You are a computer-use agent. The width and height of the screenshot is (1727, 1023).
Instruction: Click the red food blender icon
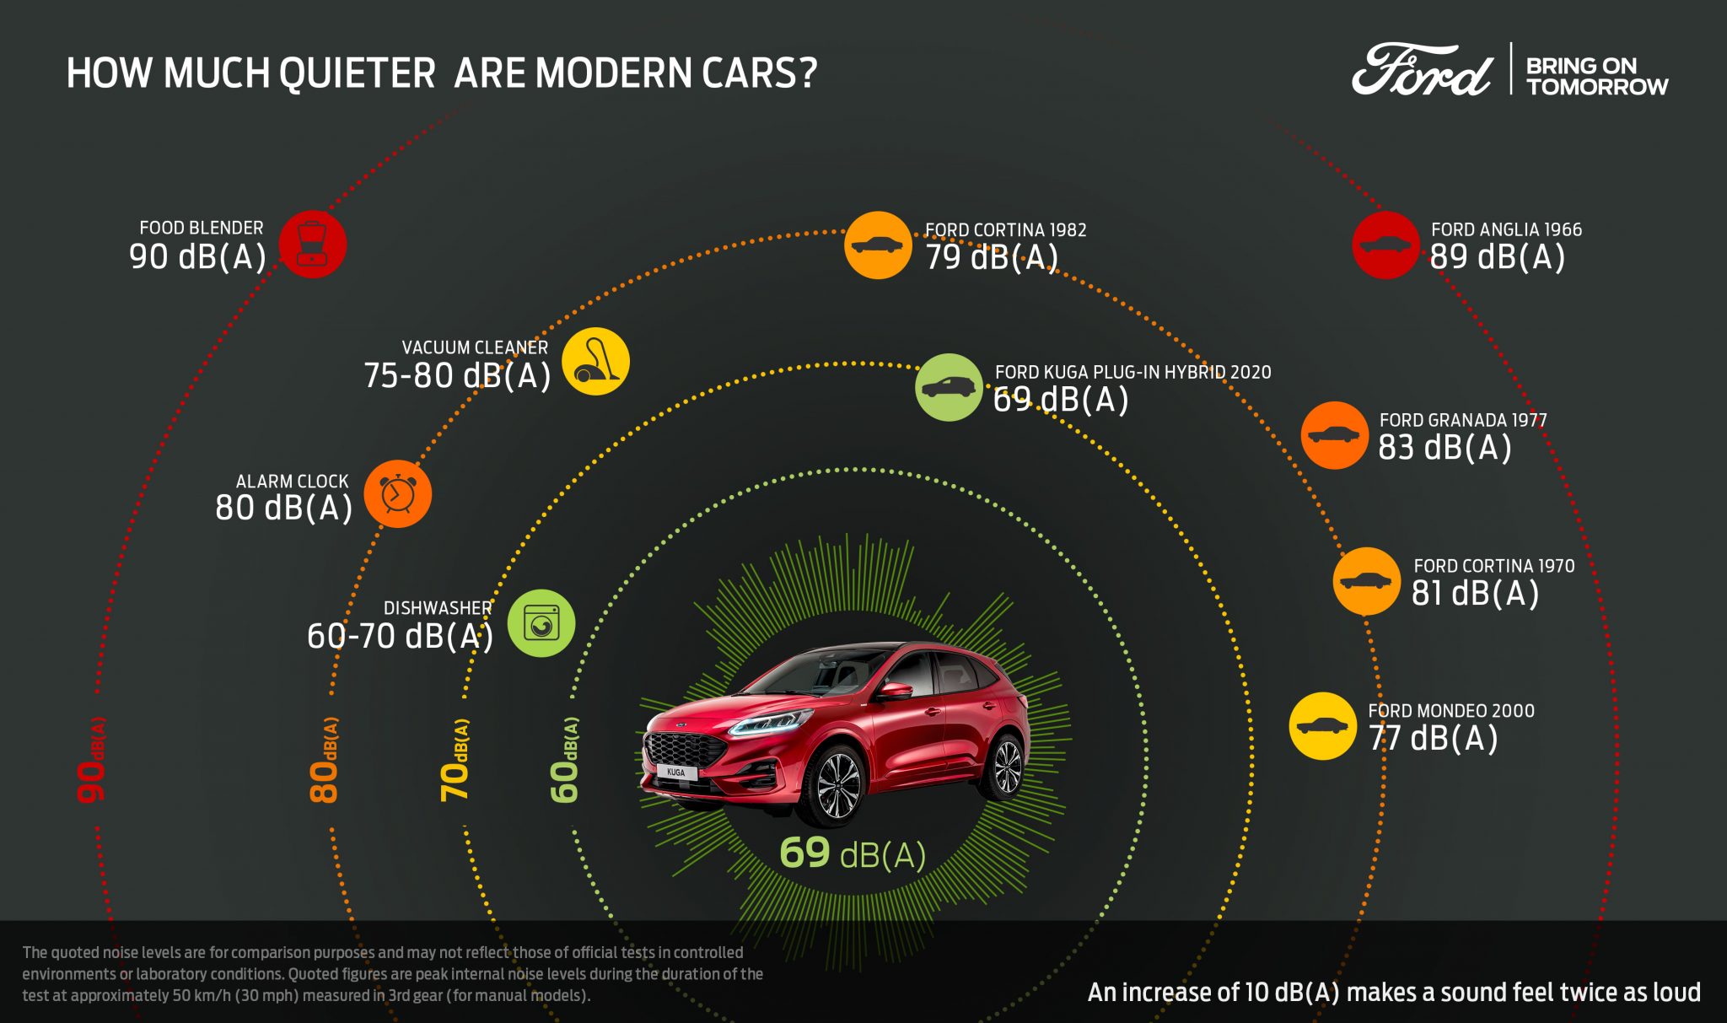point(313,244)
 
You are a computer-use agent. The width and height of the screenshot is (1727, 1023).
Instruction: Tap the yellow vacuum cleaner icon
point(596,361)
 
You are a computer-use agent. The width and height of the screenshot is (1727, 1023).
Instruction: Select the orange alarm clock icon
point(397,494)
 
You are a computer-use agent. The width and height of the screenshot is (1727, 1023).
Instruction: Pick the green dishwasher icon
point(541,623)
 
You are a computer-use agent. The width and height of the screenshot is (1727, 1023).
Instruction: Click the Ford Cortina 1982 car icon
point(878,245)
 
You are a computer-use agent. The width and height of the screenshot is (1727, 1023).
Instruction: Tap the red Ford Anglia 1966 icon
point(1385,245)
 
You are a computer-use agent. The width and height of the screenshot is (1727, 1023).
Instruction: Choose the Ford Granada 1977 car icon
point(1334,435)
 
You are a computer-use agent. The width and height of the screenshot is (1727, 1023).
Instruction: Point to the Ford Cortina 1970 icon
point(1366,581)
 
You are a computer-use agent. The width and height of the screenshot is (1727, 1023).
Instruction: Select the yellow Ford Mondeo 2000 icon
point(1322,726)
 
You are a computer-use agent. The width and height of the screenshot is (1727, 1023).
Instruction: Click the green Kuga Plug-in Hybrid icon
point(949,387)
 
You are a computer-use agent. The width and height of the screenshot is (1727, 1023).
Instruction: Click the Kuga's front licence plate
point(676,772)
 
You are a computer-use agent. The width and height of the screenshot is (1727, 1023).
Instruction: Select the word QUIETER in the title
point(358,73)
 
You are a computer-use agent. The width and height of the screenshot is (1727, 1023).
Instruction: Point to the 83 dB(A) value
point(1445,448)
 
